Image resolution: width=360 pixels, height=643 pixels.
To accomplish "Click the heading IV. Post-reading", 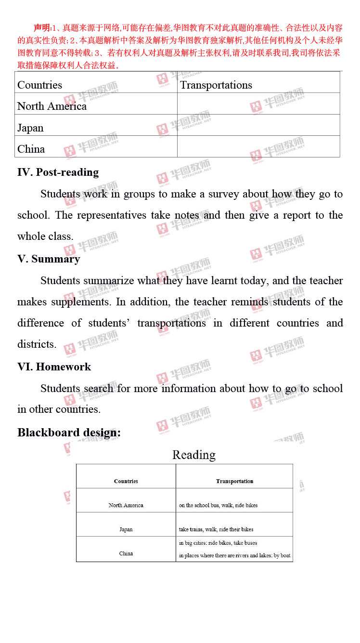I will click(x=58, y=172).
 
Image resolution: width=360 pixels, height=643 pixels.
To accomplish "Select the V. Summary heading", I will click(x=49, y=259).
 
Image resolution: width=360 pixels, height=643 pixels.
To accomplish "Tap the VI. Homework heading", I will click(x=54, y=367).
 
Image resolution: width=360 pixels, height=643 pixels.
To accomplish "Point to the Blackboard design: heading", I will click(x=69, y=433).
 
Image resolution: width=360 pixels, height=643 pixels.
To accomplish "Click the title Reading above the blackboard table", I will click(x=194, y=455).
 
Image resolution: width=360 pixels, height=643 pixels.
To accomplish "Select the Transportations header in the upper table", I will click(x=216, y=85).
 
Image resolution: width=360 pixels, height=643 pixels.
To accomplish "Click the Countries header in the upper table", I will click(x=39, y=85).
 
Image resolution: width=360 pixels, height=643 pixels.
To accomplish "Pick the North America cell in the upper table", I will click(x=52, y=106).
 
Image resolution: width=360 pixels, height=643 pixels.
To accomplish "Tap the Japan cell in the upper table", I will click(x=30, y=128).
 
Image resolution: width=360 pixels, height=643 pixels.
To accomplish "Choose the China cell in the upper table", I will click(x=31, y=149).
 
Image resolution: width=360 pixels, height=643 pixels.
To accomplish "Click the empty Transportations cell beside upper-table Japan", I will click(x=258, y=125).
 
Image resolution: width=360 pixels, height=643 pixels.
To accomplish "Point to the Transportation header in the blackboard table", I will click(x=234, y=481).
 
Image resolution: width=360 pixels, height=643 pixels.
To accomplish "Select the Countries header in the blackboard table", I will click(x=126, y=481).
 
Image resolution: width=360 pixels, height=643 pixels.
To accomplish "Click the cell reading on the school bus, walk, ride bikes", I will click(x=218, y=505).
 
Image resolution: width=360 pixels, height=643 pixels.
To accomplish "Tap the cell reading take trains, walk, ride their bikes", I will click(x=216, y=529).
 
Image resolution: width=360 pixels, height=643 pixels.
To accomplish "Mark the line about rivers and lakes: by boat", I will click(x=235, y=555).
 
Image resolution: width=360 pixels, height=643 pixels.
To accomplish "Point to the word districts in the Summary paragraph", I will click(x=36, y=344).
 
